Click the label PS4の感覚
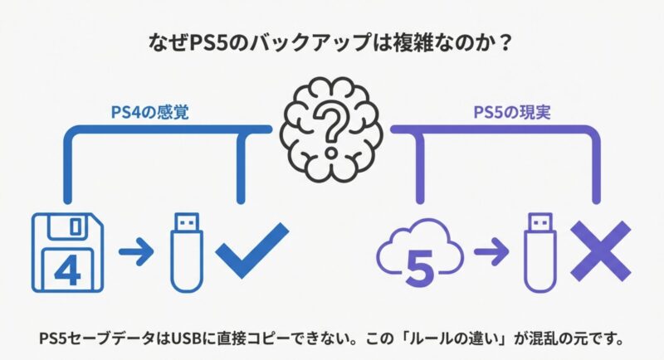click(149, 110)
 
